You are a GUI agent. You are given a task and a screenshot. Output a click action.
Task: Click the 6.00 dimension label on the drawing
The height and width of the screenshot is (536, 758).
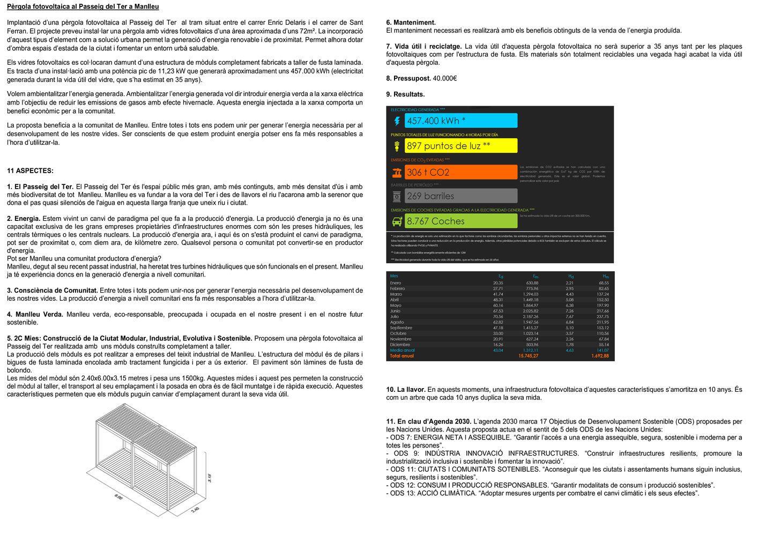point(118,497)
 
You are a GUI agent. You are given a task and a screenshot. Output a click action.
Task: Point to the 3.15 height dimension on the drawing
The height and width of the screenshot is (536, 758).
point(210,478)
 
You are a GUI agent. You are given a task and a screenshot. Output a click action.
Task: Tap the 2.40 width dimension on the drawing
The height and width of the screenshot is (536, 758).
point(195,509)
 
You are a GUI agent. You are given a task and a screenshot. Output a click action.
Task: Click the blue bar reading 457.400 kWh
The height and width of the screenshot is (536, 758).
point(461,121)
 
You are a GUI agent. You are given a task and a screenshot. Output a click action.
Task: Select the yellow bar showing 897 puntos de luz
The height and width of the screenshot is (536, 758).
point(461,146)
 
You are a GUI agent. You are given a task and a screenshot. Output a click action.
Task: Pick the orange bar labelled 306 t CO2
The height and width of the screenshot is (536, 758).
point(461,172)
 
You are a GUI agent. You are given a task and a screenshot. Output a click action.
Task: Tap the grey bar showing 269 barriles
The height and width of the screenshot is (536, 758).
point(461,196)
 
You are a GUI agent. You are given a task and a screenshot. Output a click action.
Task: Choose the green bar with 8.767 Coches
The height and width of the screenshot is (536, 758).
point(461,221)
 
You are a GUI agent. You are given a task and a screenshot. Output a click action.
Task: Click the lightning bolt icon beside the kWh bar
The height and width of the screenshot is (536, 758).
point(397,121)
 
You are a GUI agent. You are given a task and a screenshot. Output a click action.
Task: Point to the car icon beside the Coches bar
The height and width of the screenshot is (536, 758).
point(397,221)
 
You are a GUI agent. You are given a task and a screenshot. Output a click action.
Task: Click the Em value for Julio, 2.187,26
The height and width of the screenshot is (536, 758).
point(529,317)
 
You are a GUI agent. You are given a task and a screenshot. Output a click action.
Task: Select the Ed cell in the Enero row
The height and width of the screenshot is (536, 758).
point(498,283)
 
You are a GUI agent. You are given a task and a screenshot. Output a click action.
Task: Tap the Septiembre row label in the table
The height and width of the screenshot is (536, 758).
point(401,328)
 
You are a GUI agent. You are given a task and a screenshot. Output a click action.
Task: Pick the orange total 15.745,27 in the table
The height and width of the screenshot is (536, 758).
point(528,356)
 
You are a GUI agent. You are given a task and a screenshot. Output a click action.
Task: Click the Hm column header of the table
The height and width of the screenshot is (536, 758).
point(606,277)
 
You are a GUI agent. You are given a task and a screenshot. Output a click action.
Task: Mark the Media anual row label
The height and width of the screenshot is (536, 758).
point(402,351)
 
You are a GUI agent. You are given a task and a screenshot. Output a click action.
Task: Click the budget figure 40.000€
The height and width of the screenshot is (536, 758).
point(445,79)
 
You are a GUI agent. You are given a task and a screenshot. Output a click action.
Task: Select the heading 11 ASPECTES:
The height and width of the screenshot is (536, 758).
point(30,171)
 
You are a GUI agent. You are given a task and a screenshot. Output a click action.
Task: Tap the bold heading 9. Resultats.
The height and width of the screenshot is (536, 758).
point(405,95)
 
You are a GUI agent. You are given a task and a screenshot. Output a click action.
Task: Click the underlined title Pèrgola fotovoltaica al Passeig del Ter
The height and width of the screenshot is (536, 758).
point(83,7)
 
